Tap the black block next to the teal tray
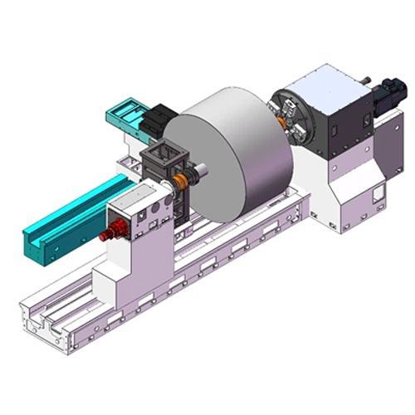click(x=155, y=124)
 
